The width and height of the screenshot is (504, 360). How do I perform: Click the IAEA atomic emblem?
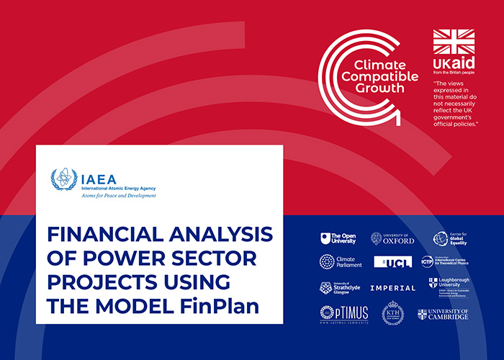pos(63,179)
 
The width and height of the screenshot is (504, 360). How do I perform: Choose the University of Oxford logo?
pos(392,238)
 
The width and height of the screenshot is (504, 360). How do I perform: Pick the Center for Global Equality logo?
pos(450,238)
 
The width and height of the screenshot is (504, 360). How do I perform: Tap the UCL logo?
pos(392,261)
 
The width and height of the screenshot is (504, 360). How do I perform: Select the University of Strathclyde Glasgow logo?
pos(336,288)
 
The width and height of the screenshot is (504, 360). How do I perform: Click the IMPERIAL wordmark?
pos(392,288)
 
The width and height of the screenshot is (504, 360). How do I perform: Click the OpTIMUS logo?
pos(338,314)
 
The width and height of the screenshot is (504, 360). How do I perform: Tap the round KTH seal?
pos(392,314)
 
